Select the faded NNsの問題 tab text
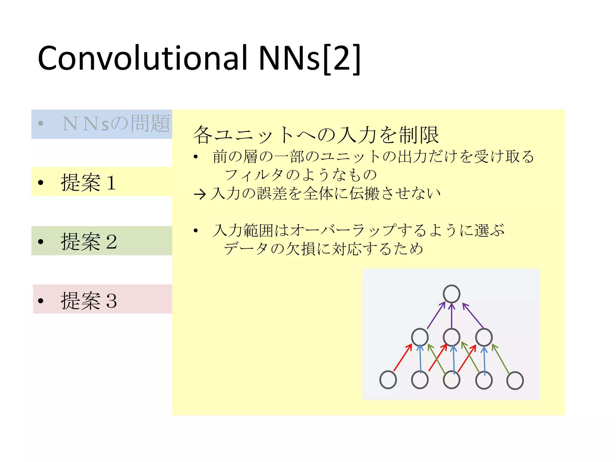(116, 124)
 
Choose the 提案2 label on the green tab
(88, 241)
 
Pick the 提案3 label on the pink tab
(88, 300)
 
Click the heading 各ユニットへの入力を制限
(316, 135)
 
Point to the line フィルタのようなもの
(301, 175)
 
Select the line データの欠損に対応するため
(323, 249)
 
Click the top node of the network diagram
(451, 294)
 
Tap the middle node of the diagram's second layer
(451, 337)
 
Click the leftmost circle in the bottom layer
(388, 380)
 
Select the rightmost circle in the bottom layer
(515, 380)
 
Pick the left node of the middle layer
(420, 337)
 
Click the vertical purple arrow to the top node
(451, 316)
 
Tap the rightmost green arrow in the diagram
(501, 359)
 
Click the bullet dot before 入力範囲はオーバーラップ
(196, 231)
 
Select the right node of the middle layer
(484, 337)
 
